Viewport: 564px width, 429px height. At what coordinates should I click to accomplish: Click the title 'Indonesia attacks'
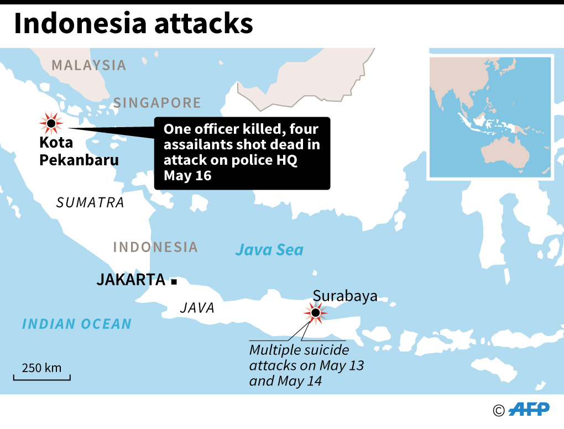pyautogui.click(x=133, y=24)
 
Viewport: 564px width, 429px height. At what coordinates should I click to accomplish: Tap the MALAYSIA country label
pyautogui.click(x=89, y=65)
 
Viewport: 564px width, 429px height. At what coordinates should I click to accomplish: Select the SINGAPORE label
pyautogui.click(x=157, y=103)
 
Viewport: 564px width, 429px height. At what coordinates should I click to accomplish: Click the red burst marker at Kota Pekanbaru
pyautogui.click(x=51, y=123)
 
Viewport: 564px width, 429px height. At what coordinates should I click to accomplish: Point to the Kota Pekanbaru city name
pyautogui.click(x=79, y=151)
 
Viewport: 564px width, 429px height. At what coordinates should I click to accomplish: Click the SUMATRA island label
pyautogui.click(x=90, y=202)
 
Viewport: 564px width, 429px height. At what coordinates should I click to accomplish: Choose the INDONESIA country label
pyautogui.click(x=155, y=247)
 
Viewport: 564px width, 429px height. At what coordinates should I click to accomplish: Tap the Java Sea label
pyautogui.click(x=269, y=250)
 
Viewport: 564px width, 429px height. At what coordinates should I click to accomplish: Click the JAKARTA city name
pyautogui.click(x=131, y=280)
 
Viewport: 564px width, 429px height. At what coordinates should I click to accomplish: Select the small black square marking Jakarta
pyautogui.click(x=174, y=282)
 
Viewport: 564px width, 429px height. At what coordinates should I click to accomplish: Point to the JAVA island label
pyautogui.click(x=197, y=308)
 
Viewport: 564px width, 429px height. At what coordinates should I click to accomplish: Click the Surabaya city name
pyautogui.click(x=345, y=296)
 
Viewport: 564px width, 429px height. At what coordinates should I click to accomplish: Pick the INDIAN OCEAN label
pyautogui.click(x=77, y=324)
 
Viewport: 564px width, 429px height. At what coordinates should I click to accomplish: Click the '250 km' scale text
pyautogui.click(x=41, y=368)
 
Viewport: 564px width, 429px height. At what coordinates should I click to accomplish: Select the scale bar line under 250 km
pyautogui.click(x=42, y=379)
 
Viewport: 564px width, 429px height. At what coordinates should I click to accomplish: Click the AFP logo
pyautogui.click(x=529, y=409)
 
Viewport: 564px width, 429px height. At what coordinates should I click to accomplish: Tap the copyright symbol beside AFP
pyautogui.click(x=499, y=410)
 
